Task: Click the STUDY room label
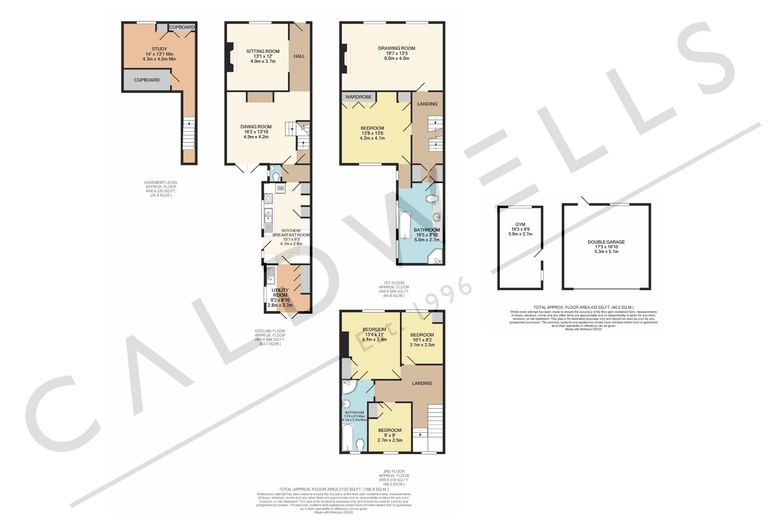159,49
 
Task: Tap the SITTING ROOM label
263,51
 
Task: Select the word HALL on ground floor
299,56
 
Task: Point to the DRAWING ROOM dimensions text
397,56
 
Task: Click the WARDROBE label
359,97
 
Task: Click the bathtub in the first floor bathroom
405,225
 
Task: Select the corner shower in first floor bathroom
435,257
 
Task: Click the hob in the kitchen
268,199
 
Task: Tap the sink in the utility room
270,275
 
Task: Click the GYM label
520,224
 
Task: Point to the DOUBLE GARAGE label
606,242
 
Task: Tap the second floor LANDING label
422,383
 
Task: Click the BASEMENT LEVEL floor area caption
161,189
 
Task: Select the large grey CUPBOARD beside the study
147,80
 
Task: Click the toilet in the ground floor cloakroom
276,177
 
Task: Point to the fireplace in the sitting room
232,57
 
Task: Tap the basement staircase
189,134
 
